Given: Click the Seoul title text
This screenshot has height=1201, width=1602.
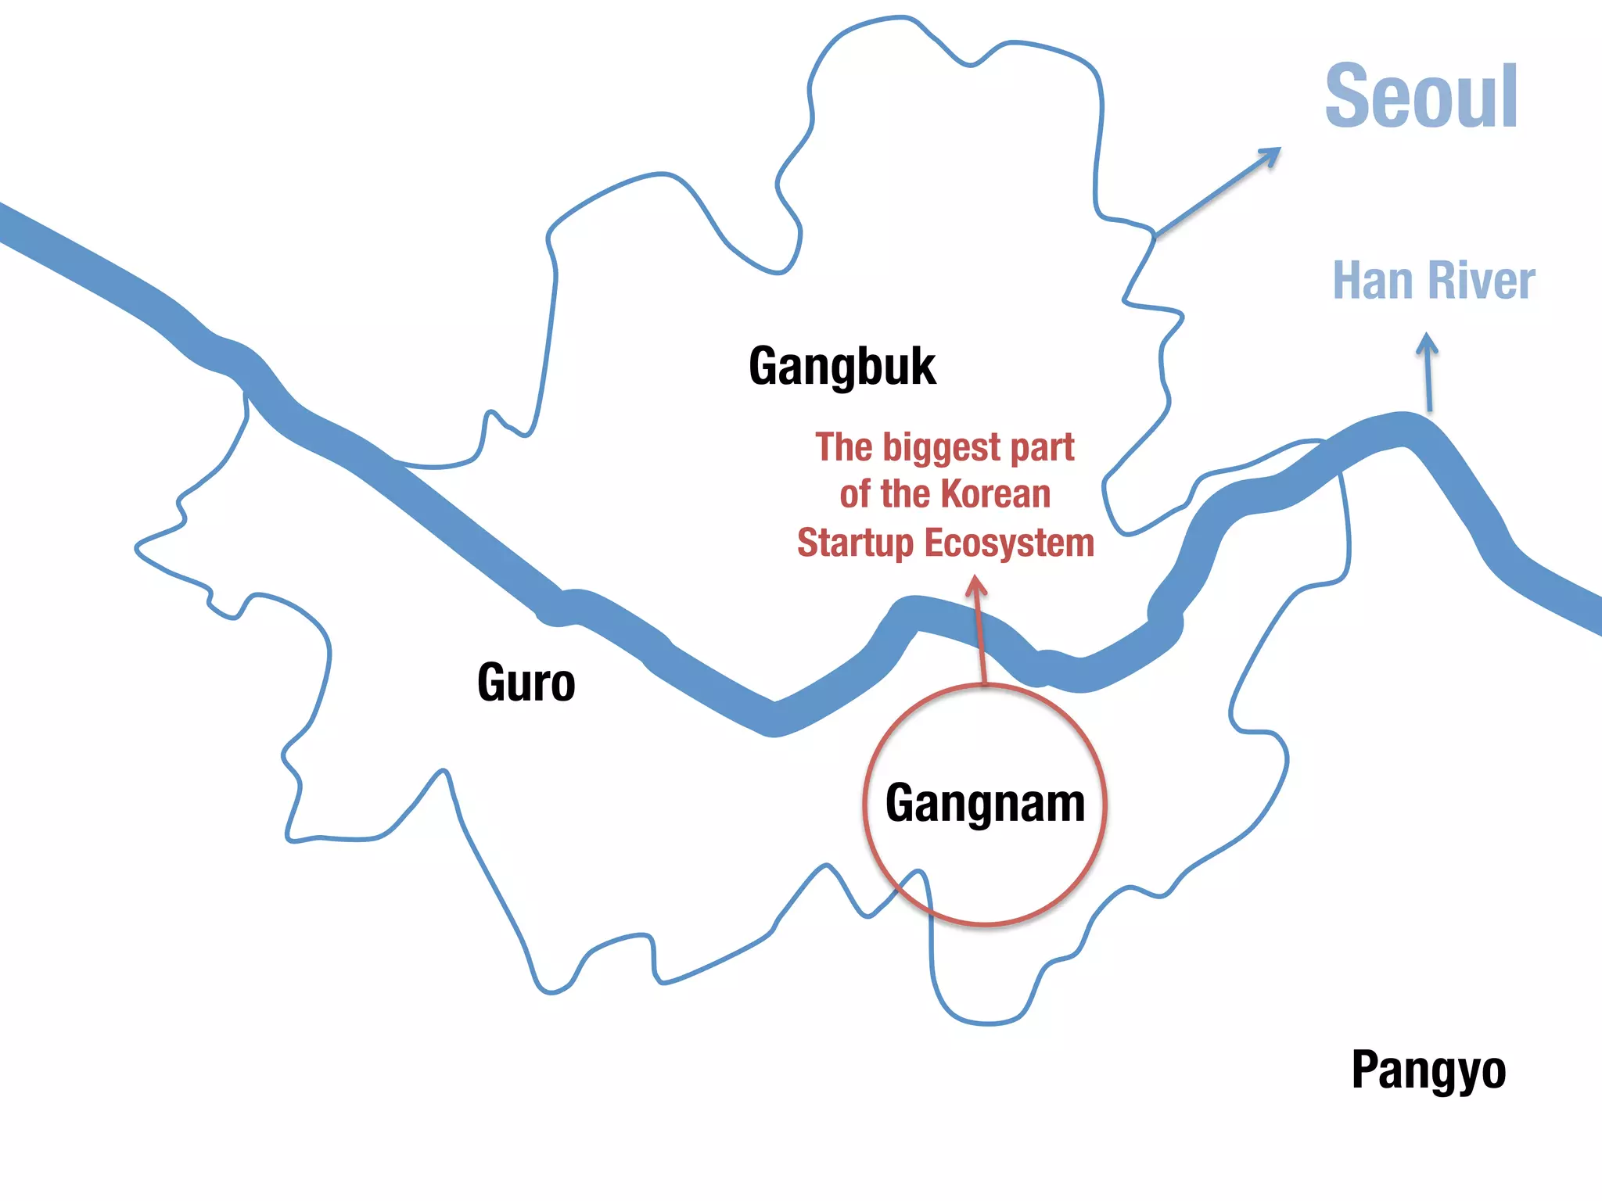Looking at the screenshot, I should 1421,96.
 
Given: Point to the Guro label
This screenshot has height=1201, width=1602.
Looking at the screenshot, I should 526,683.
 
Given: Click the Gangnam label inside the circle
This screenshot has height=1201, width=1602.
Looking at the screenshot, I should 985,804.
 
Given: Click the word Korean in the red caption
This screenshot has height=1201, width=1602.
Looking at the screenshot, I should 996,494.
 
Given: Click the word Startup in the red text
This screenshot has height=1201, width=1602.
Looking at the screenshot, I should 855,543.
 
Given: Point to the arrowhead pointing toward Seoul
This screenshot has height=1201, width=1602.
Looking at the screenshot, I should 1270,156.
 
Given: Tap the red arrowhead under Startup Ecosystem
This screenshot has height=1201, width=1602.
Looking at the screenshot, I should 975,585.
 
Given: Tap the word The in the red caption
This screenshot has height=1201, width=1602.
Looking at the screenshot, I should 843,447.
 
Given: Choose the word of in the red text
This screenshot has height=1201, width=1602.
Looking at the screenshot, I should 855,494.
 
